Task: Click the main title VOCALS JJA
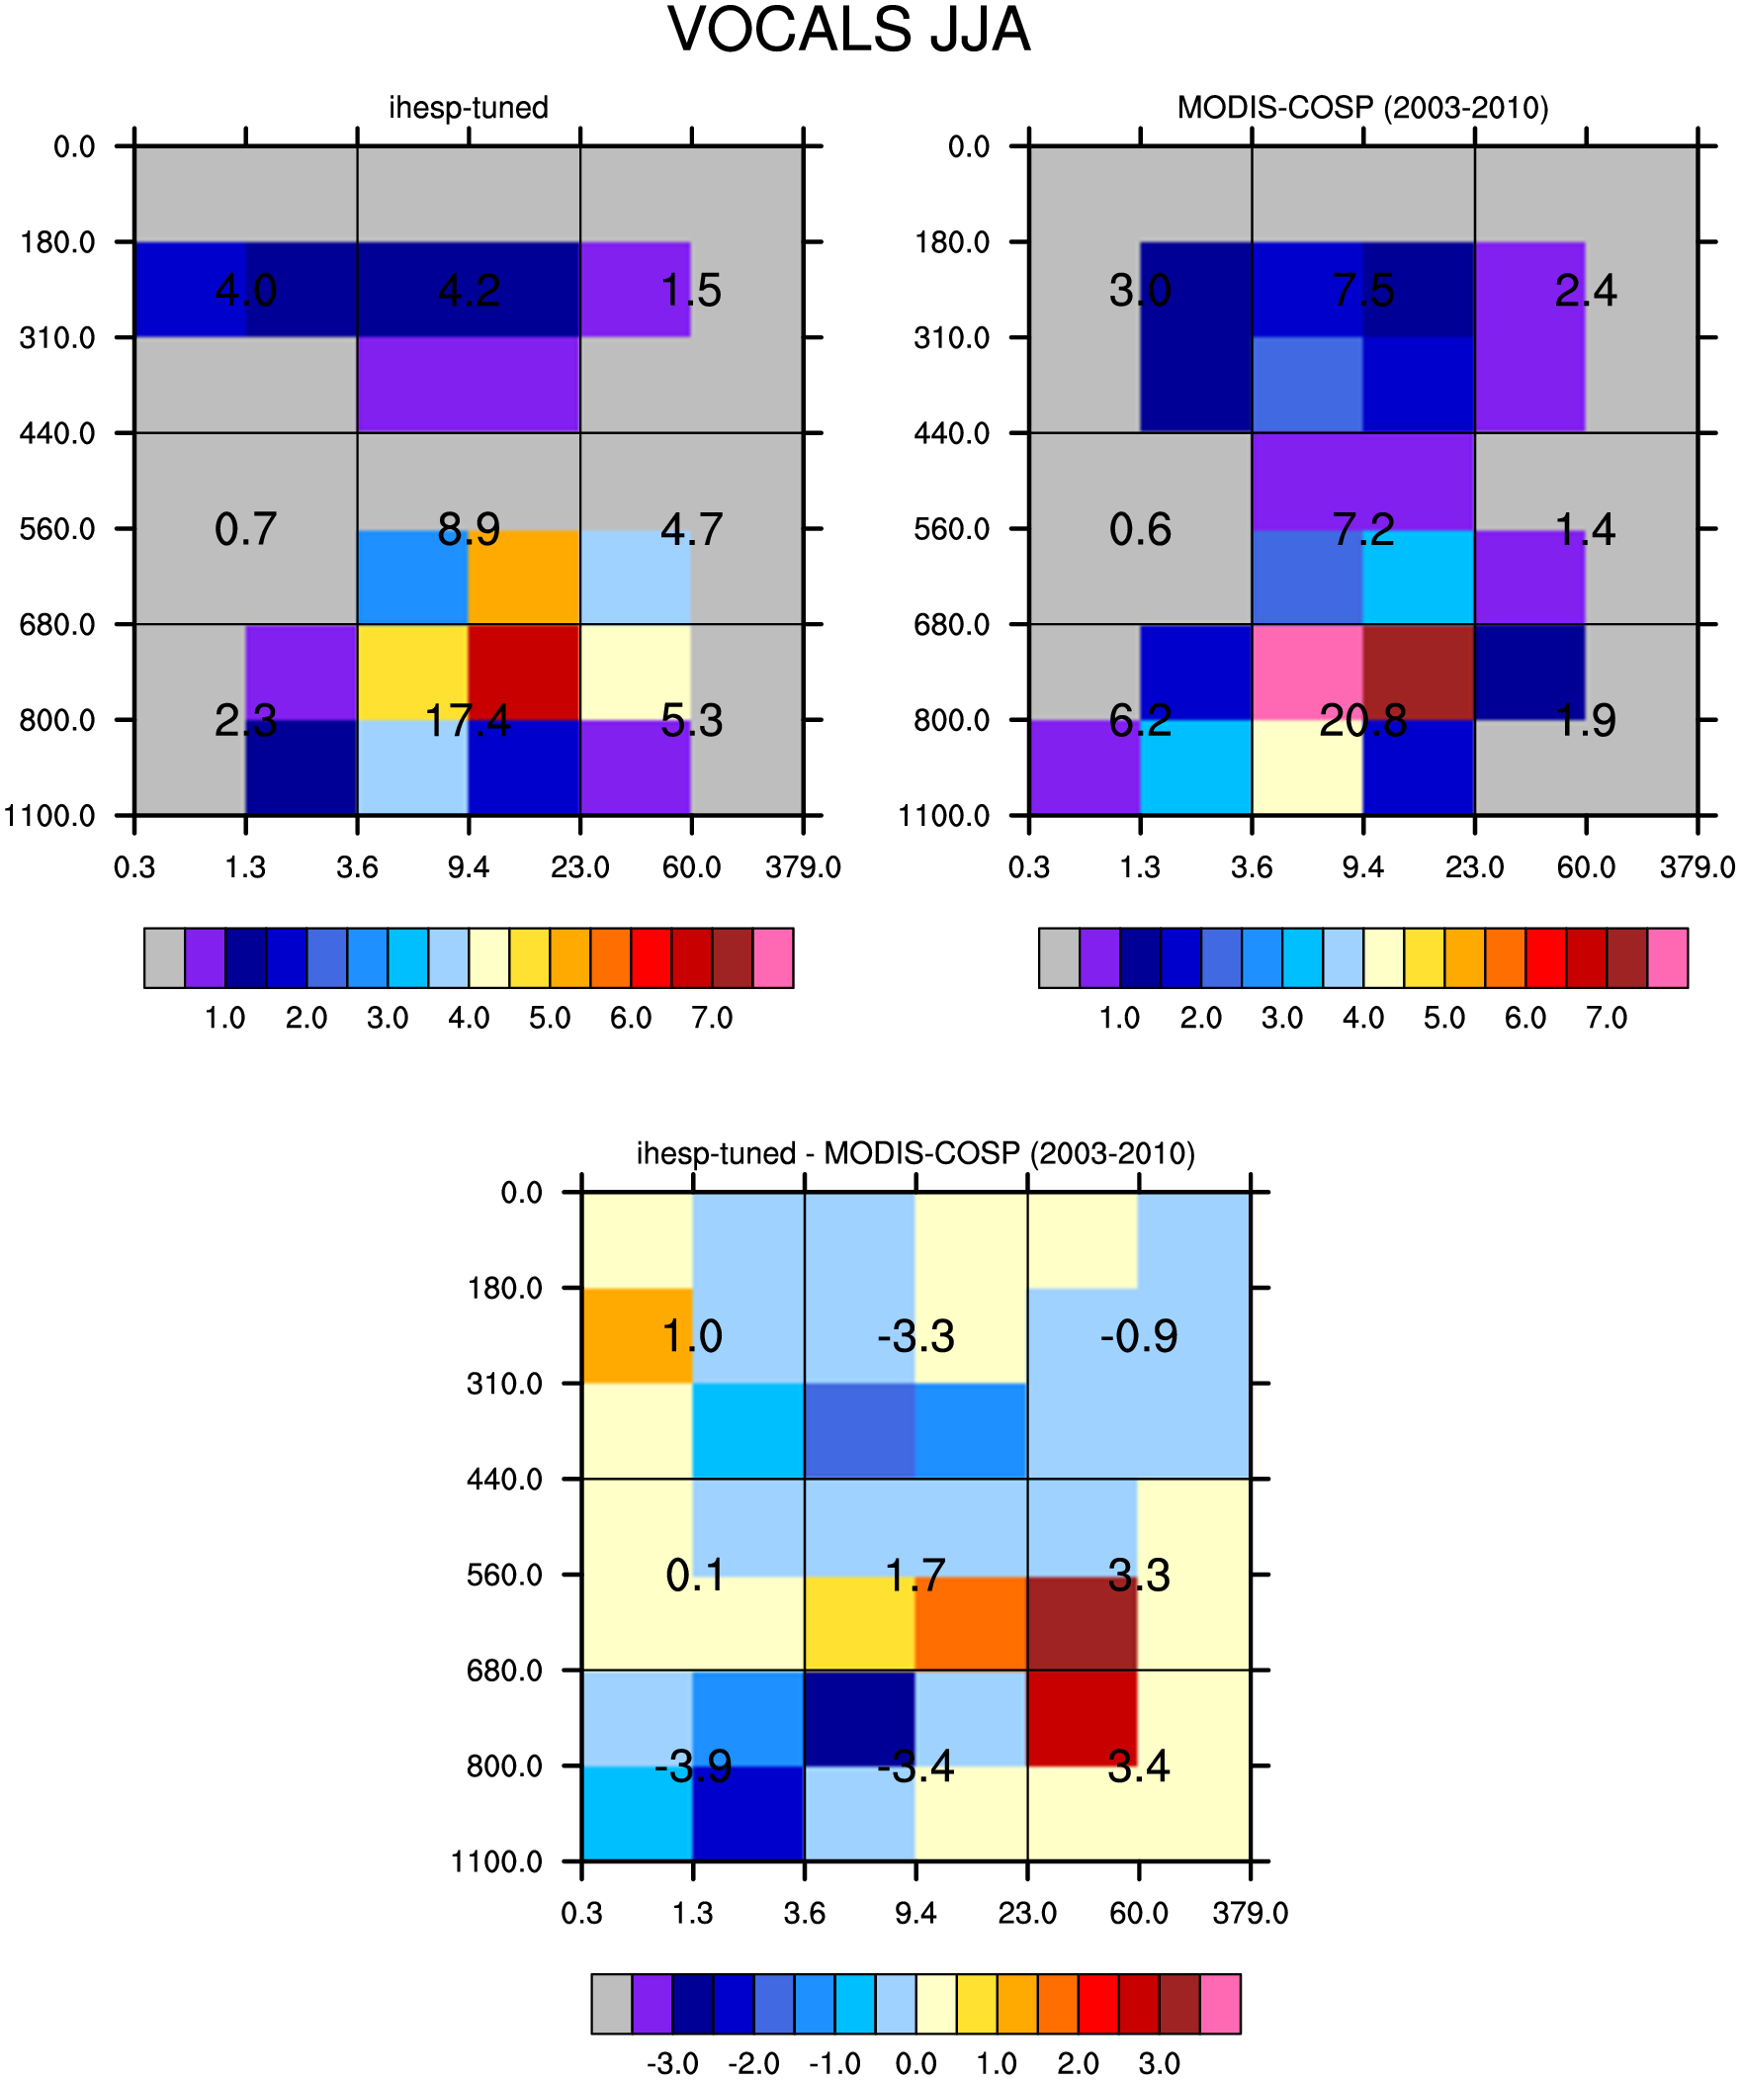[848, 30]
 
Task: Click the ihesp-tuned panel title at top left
[469, 107]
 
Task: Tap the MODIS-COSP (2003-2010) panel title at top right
[1362, 107]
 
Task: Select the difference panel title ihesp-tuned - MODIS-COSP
[915, 1153]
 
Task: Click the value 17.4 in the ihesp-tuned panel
[469, 721]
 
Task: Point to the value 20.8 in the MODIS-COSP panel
[1362, 721]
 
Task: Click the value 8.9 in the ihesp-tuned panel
[469, 530]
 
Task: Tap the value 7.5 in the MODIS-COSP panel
[1362, 290]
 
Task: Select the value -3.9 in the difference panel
[693, 1766]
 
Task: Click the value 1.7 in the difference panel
[915, 1575]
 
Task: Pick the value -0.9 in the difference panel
[1139, 1336]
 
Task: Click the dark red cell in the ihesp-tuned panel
[524, 673]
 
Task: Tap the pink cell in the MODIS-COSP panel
[1307, 673]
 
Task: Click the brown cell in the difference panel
[1083, 1622]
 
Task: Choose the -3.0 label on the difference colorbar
[672, 2063]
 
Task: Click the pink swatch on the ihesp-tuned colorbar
[773, 957]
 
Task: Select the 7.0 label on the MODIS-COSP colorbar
[1607, 1017]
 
